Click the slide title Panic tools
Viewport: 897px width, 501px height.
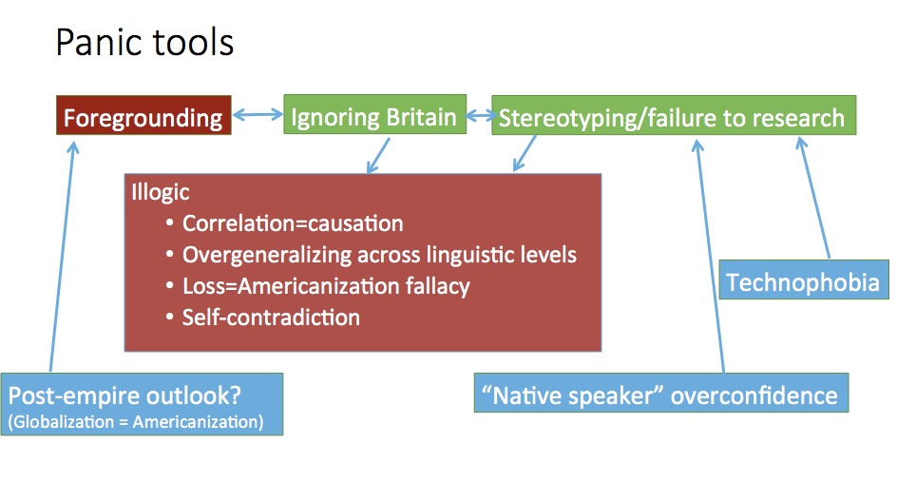[144, 43]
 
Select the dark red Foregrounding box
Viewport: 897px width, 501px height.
[143, 115]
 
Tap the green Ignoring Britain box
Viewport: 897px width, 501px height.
[374, 114]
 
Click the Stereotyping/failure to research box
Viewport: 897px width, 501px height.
[674, 115]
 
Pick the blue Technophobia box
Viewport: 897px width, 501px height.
[804, 279]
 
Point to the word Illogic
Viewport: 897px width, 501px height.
[161, 192]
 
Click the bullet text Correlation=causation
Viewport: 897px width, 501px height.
[293, 223]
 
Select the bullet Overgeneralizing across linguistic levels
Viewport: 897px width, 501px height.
[379, 255]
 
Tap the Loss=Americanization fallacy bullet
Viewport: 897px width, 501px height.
[326, 286]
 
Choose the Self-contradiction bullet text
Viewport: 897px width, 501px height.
[271, 318]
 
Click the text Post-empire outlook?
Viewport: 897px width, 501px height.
[124, 395]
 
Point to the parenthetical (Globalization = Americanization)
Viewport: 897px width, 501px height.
[136, 422]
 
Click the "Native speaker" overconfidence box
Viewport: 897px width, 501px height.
[661, 393]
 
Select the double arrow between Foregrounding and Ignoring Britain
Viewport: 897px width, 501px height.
[258, 115]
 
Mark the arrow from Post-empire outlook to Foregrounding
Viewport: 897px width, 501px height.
[63, 257]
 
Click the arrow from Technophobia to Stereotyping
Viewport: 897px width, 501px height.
[813, 198]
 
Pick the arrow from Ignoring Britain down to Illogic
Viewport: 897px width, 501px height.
[378, 155]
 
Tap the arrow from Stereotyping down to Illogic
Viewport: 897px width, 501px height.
[525, 153]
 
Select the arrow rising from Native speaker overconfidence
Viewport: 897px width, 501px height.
[710, 256]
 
